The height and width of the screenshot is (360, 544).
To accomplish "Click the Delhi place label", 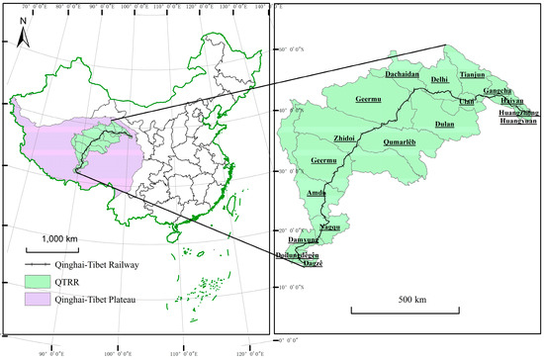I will (x=441, y=80).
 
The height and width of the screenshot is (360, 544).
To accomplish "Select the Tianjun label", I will (x=476, y=75).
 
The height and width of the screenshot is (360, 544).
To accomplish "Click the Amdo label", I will (x=317, y=194).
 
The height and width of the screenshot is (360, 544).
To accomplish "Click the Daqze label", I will (x=315, y=264).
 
